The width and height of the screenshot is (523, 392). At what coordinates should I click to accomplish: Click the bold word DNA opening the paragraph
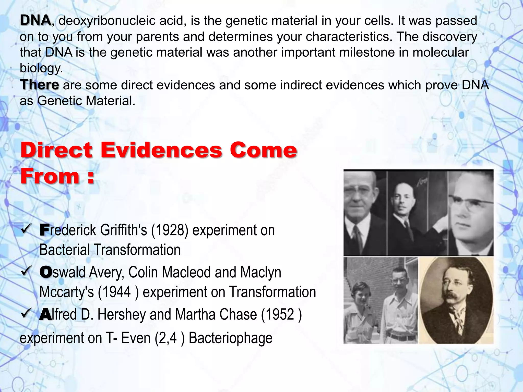coord(35,20)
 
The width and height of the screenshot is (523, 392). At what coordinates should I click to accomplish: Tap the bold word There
coord(39,85)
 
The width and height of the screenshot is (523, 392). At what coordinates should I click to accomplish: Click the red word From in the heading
coord(50,176)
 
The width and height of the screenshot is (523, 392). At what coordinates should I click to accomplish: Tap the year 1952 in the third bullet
coord(279,314)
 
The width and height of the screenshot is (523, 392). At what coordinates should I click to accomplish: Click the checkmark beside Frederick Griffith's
coord(26,229)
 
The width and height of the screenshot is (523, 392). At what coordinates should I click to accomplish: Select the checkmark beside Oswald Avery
coord(26,271)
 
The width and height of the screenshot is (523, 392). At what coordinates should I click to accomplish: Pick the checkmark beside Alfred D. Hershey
coord(26,313)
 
